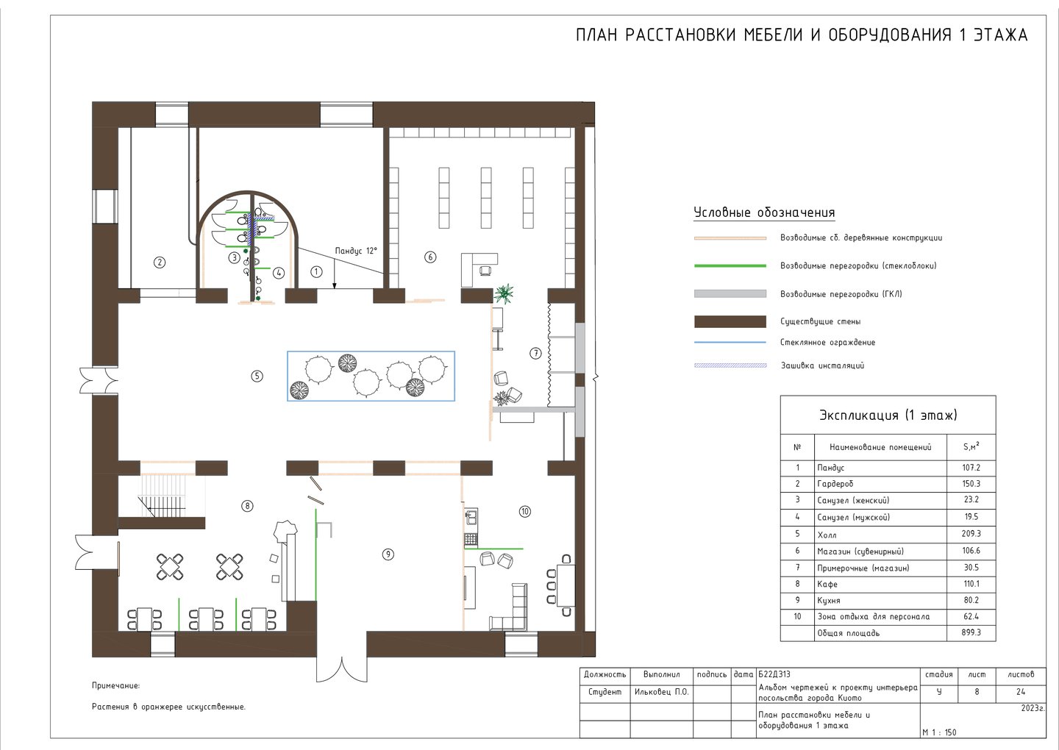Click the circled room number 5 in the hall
tap(257, 376)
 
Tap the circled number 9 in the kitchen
tap(388, 554)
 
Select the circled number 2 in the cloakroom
tap(160, 262)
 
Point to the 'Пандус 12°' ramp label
tap(356, 251)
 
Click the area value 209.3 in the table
tap(971, 534)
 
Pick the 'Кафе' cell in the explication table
tap(827, 584)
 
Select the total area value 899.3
tap(971, 632)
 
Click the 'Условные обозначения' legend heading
tap(764, 213)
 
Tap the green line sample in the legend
tap(730, 266)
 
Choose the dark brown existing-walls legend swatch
tap(730, 322)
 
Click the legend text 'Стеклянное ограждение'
tap(827, 342)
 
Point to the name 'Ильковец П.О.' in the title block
tap(661, 692)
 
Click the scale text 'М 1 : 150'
tap(939, 732)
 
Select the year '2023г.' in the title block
tap(1032, 708)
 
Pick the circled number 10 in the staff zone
tap(525, 511)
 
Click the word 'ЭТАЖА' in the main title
tap(1000, 35)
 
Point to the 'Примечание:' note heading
tap(116, 685)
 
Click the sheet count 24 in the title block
tap(1021, 692)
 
